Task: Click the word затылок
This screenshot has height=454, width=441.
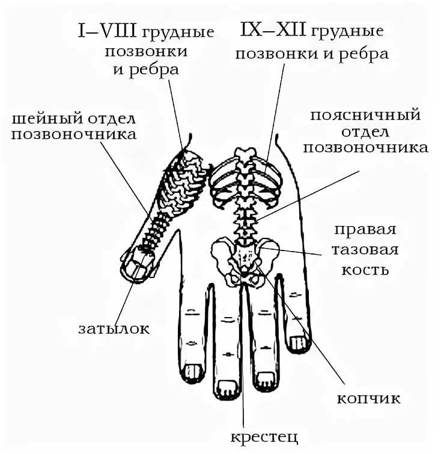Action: pyautogui.click(x=114, y=328)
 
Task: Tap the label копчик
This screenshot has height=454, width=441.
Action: pyautogui.click(x=368, y=399)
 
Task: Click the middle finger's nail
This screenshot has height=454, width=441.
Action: pyautogui.click(x=228, y=389)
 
